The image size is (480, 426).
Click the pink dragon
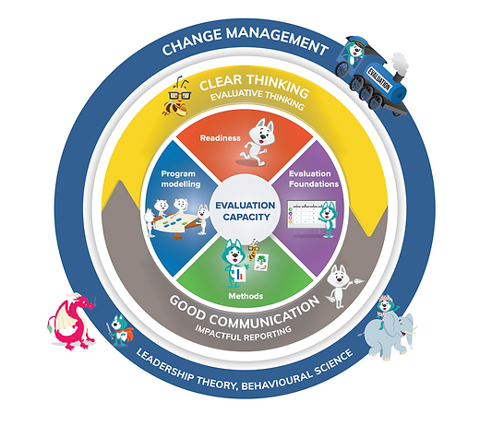[x=71, y=321]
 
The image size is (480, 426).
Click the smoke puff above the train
[x=400, y=64]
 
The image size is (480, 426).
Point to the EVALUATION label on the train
[x=378, y=78]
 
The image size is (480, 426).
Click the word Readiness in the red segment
[x=221, y=138]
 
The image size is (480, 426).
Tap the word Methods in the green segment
[x=246, y=296]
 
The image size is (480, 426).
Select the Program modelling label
[x=181, y=179]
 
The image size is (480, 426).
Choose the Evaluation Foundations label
[x=314, y=179]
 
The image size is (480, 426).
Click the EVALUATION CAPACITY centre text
[x=246, y=211]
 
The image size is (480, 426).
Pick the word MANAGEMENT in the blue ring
[x=277, y=40]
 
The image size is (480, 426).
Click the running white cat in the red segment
[x=258, y=142]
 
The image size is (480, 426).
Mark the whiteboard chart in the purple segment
[x=306, y=214]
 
